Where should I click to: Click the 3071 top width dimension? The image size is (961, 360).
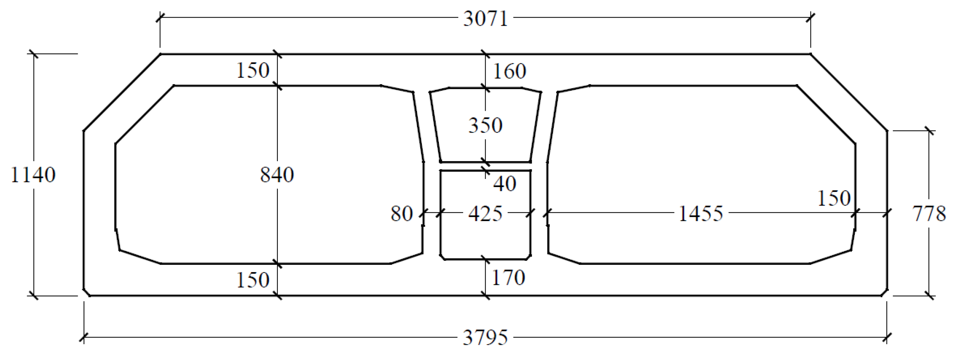(485, 19)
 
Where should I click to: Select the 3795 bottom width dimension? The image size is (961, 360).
(485, 338)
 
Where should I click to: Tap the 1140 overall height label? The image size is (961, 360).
(33, 175)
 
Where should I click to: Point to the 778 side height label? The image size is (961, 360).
(929, 214)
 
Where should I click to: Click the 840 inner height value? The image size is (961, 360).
(277, 175)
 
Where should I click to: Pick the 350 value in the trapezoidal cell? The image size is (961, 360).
(485, 126)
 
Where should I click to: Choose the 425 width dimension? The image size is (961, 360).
(485, 214)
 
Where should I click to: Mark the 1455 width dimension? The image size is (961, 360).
(700, 214)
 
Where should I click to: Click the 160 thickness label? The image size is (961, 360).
(510, 71)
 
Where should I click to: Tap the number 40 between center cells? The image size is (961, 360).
(505, 184)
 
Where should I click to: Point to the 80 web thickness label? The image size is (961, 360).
(402, 214)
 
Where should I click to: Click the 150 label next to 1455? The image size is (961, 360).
(834, 198)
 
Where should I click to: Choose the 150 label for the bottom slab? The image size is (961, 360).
(253, 280)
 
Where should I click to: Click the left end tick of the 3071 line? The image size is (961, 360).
(160, 18)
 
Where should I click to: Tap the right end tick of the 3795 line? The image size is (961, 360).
(887, 337)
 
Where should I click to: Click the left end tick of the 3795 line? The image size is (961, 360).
(84, 337)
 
